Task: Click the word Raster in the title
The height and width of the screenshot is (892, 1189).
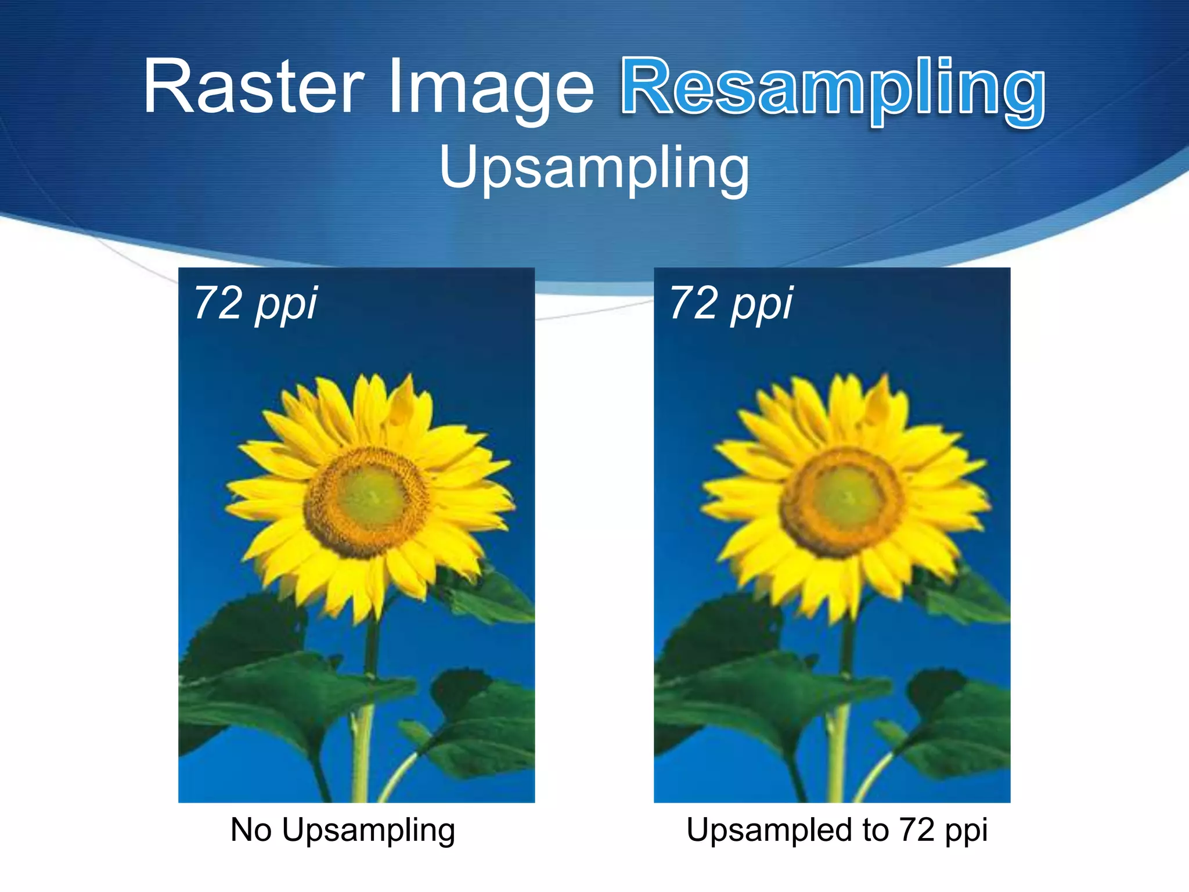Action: [254, 87]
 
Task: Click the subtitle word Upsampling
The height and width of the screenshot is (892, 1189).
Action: [594, 168]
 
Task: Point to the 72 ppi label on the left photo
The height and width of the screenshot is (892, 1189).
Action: [255, 303]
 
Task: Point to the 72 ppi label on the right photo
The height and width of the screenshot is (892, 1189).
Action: [731, 303]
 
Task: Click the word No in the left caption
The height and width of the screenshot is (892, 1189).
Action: [251, 829]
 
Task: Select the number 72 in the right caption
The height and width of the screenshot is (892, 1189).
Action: [917, 829]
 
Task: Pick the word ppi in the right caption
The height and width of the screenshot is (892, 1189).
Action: [966, 832]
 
